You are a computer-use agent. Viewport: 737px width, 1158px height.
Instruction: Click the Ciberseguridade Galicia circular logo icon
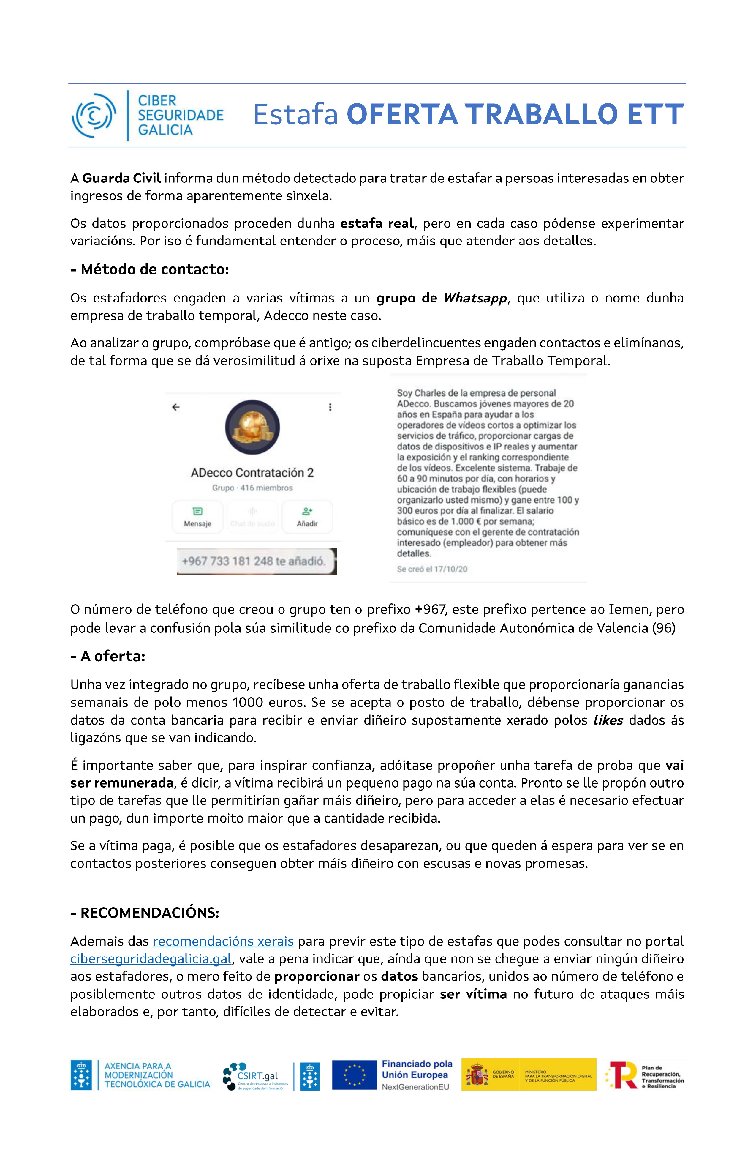(94, 116)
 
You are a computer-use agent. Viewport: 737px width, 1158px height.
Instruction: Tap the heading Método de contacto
(150, 269)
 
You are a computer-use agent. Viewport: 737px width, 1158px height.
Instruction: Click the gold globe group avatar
(252, 427)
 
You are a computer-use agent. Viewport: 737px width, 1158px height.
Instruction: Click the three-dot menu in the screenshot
(330, 407)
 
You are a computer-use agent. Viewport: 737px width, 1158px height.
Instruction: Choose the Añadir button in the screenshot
(307, 517)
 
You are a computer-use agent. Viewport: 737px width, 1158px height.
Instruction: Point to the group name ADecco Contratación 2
(252, 473)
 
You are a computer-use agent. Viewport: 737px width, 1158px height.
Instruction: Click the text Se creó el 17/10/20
(432, 569)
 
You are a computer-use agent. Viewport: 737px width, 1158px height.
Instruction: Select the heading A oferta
(108, 657)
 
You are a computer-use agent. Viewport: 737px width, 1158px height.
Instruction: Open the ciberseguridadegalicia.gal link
(151, 959)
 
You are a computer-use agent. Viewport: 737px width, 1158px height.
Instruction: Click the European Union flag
(354, 1075)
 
